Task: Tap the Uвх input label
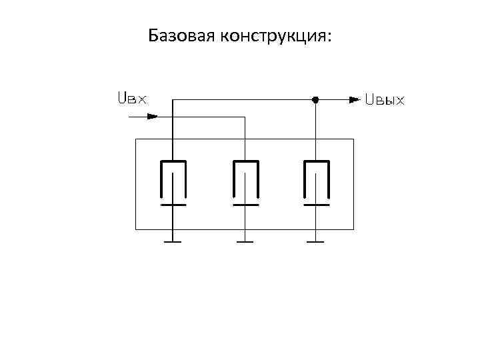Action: click(x=131, y=99)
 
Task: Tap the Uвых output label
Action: click(x=385, y=100)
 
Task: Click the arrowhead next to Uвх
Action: click(x=152, y=116)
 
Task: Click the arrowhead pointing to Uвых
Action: click(x=353, y=100)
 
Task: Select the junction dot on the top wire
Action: click(x=316, y=100)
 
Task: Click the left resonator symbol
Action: click(x=173, y=181)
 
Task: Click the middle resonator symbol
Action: click(x=245, y=181)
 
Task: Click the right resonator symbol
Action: click(x=316, y=181)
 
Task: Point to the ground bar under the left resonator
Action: click(x=173, y=241)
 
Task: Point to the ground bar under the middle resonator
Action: click(x=245, y=241)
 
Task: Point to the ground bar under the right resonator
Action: click(x=316, y=241)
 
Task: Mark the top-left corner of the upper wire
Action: click(x=173, y=100)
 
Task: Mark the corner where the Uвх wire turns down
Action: click(x=245, y=117)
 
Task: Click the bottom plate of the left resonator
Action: click(x=173, y=205)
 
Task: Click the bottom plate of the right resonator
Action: click(x=316, y=205)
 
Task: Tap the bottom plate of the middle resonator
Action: click(x=245, y=205)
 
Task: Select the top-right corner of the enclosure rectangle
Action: click(x=353, y=139)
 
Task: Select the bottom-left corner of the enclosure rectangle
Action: click(x=136, y=229)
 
